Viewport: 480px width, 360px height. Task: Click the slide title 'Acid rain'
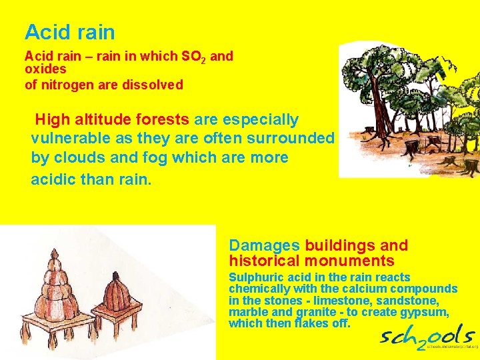click(x=69, y=32)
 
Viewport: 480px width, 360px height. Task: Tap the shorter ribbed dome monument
click(x=119, y=293)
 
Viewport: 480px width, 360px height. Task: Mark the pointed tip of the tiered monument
click(x=57, y=252)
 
